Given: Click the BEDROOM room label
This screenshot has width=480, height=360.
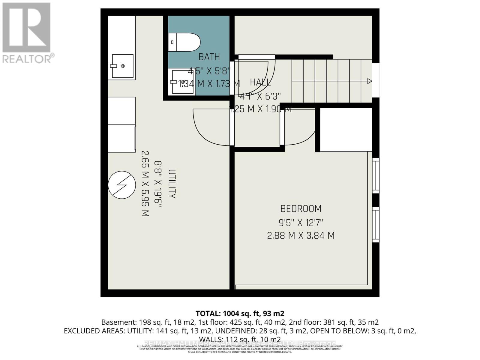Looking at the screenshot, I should pyautogui.click(x=301, y=208).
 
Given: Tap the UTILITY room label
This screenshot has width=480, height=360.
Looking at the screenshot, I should pyautogui.click(x=172, y=184).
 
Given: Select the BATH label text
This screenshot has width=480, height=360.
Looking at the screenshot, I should pyautogui.click(x=209, y=57).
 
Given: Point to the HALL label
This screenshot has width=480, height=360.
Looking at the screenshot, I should pyautogui.click(x=260, y=82).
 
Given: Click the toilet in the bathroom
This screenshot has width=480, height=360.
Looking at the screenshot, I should pyautogui.click(x=184, y=42).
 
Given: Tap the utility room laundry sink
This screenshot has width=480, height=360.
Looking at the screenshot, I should pyautogui.click(x=123, y=66).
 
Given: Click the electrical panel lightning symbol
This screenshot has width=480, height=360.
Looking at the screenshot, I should pyautogui.click(x=122, y=185).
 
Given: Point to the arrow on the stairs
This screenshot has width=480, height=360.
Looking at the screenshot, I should pyautogui.click(x=369, y=81).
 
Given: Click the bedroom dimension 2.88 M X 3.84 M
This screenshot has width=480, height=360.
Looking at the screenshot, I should pyautogui.click(x=301, y=235).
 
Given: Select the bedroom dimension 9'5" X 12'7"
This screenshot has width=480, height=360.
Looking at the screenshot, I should pyautogui.click(x=301, y=223).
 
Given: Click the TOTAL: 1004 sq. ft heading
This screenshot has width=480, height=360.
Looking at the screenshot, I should pyautogui.click(x=240, y=313).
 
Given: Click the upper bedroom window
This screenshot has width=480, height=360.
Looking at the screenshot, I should pyautogui.click(x=376, y=175).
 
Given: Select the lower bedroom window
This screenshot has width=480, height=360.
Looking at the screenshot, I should pyautogui.click(x=376, y=224).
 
